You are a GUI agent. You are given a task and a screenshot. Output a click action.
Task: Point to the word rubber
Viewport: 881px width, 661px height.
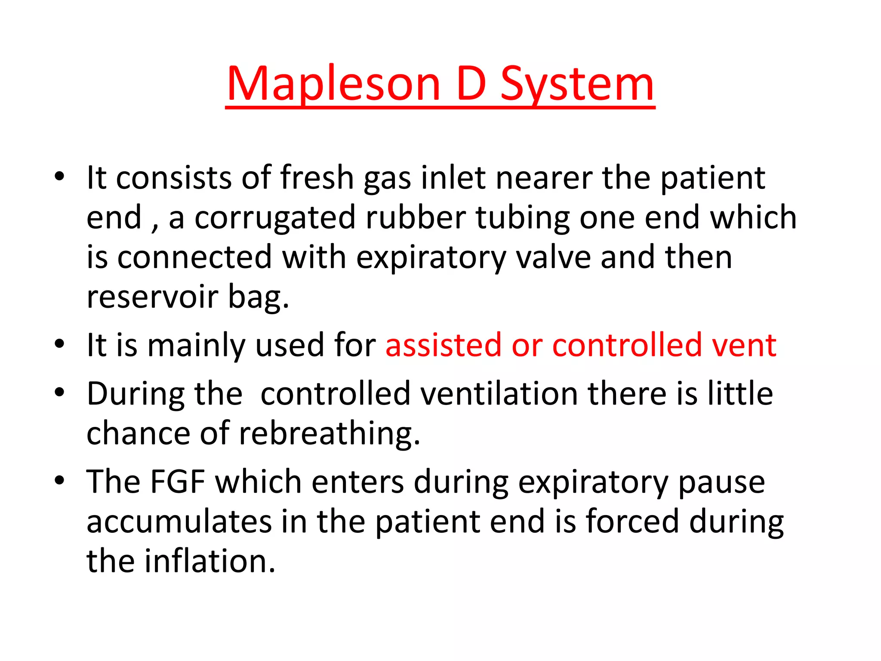point(416,217)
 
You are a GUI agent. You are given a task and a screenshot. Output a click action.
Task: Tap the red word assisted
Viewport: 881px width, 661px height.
point(444,345)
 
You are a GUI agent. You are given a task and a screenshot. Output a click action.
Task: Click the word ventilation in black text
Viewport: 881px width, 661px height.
point(499,394)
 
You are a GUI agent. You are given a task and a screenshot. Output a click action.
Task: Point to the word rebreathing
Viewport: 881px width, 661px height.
point(329,433)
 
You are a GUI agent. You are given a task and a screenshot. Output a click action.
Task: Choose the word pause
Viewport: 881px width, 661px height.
point(721,482)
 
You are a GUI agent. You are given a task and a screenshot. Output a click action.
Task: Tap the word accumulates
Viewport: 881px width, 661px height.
point(179,522)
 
